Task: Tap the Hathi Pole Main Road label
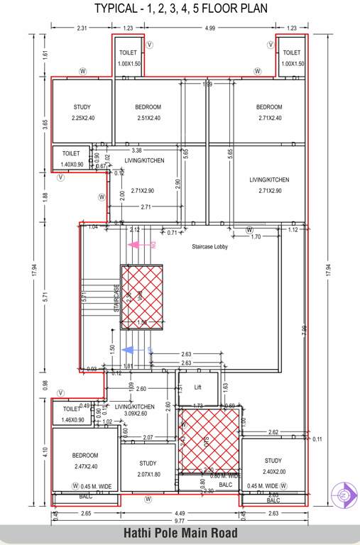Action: tap(180, 532)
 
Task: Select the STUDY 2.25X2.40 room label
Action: tap(82, 113)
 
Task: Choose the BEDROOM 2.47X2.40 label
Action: tap(84, 460)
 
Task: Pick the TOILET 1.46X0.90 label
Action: tap(72, 414)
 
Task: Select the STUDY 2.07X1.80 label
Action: tap(148, 468)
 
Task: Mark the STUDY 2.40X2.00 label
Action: tap(273, 466)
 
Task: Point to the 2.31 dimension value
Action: tap(82, 28)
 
